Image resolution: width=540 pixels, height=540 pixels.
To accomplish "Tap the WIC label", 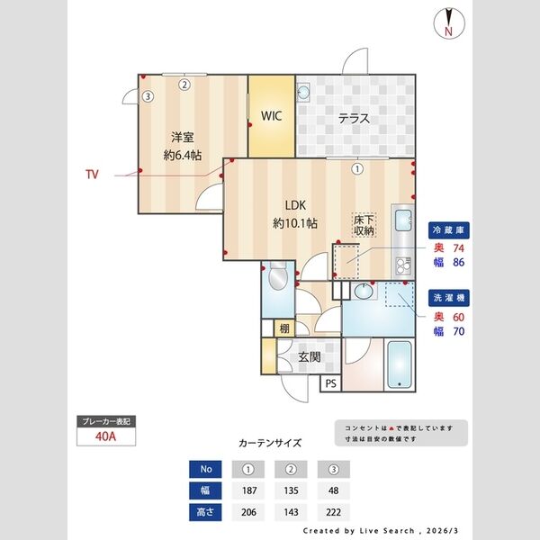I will [271, 117].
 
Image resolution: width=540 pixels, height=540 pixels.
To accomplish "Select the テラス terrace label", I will [354, 119].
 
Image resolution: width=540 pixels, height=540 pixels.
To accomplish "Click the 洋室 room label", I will [183, 138].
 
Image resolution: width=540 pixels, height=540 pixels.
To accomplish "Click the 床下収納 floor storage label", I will [363, 226].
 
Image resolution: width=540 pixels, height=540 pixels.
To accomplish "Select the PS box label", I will [331, 384].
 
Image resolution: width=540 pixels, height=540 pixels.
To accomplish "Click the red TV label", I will [92, 175].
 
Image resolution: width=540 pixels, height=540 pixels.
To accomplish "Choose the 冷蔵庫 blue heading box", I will [447, 229].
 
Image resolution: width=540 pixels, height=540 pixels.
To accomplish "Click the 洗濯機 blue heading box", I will [447, 296].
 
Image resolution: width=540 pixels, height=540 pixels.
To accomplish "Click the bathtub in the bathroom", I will [398, 366].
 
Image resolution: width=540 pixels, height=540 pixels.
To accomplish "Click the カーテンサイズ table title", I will [270, 444].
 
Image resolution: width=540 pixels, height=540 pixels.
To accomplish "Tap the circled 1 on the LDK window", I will [357, 167].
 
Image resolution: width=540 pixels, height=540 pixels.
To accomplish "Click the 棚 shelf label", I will [284, 328].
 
